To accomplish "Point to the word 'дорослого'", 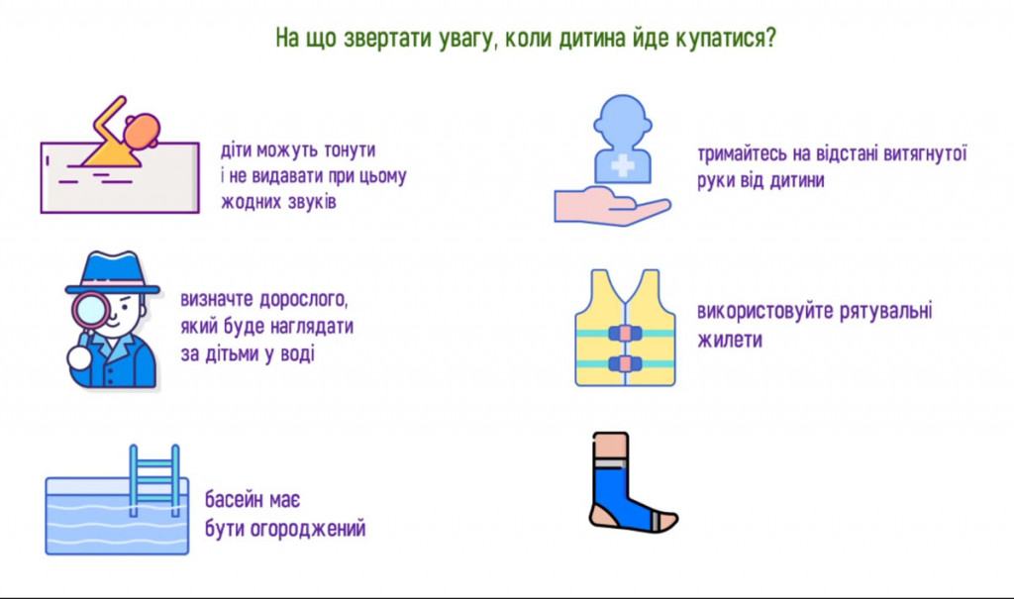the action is (x=304, y=300).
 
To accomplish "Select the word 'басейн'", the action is (x=234, y=500).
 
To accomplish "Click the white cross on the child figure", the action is (x=623, y=165).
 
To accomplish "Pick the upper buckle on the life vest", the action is (x=625, y=333).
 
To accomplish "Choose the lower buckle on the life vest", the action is (x=625, y=363).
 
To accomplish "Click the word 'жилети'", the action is (x=730, y=340).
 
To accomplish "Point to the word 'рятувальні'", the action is (x=886, y=311).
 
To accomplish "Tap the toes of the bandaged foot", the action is (x=667, y=521).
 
